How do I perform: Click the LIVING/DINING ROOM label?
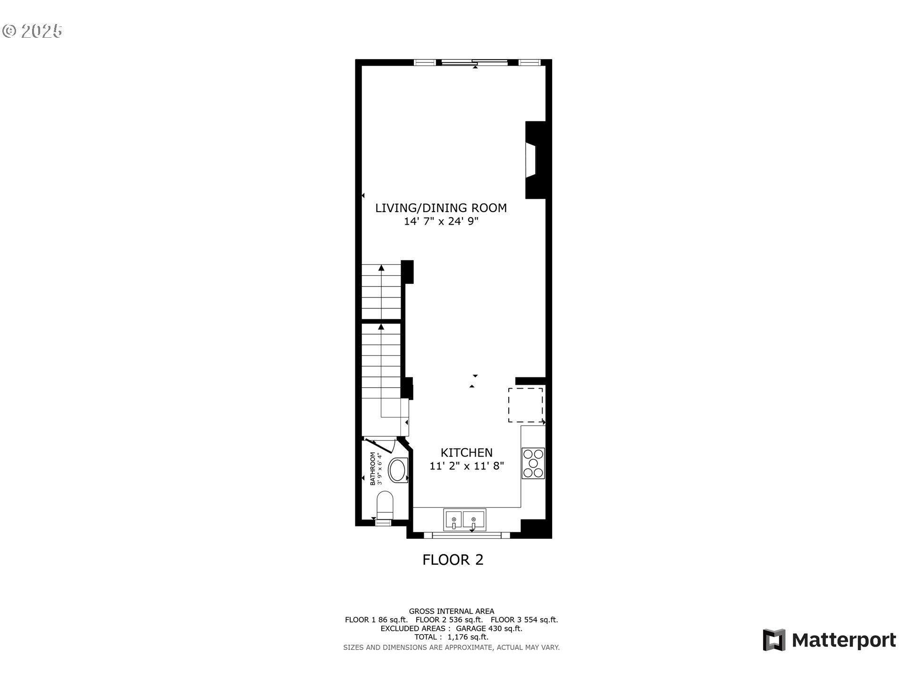(x=441, y=208)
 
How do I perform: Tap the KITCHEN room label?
(x=466, y=453)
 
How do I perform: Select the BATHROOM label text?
(x=373, y=469)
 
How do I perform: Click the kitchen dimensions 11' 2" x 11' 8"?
(x=466, y=466)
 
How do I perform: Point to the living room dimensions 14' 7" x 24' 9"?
(x=441, y=221)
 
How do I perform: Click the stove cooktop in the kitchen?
(x=533, y=463)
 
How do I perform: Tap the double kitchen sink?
(x=464, y=519)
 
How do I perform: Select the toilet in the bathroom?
(x=385, y=505)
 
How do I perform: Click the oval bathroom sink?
(x=397, y=471)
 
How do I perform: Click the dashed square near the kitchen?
(x=525, y=405)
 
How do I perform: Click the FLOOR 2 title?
(x=453, y=560)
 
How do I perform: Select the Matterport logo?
(x=829, y=640)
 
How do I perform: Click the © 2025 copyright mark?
(x=32, y=31)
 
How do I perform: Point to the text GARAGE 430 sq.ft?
(x=489, y=629)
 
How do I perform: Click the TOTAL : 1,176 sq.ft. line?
(x=451, y=637)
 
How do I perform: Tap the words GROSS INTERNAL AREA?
(x=451, y=611)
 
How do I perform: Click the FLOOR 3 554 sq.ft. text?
(x=524, y=620)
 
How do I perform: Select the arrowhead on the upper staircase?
(x=381, y=268)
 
